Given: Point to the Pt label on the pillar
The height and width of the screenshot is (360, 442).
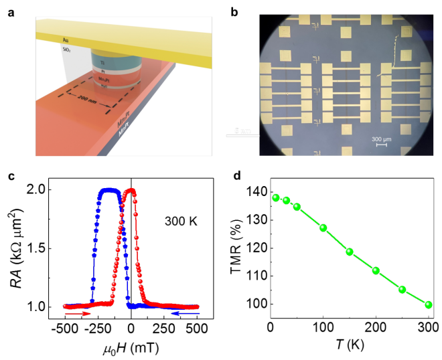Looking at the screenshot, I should coord(102,71).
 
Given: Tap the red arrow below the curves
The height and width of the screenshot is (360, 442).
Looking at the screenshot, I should coord(78,314).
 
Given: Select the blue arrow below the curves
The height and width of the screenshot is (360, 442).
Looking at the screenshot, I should coord(185,313).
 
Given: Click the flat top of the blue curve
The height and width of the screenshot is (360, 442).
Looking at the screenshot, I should coord(109,191).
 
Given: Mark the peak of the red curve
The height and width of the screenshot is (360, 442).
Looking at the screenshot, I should coord(131,191).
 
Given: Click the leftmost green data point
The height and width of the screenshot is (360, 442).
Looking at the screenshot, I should coord(275,197).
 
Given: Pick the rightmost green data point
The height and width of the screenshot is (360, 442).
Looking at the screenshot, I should coord(429,304).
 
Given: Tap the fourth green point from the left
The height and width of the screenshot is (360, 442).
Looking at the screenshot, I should coord(323,228).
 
